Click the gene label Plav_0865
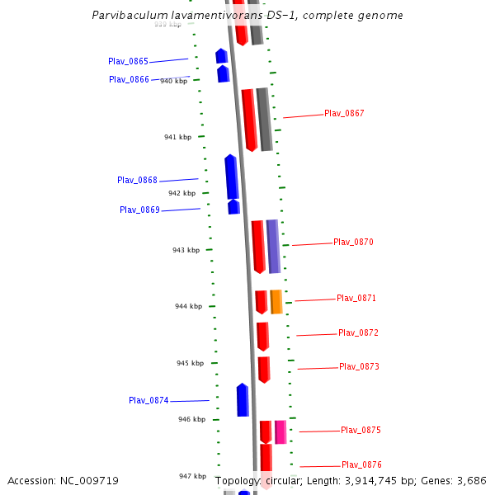(128, 62)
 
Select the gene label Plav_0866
(129, 80)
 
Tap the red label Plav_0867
(344, 114)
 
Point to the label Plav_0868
(137, 181)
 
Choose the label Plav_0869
(139, 210)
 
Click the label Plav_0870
(353, 243)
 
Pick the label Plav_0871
(356, 299)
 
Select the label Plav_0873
(359, 367)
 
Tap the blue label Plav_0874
(148, 401)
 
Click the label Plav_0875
(361, 431)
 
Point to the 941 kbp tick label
(177, 137)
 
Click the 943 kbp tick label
(186, 250)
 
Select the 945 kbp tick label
(190, 363)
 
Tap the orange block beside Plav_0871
(276, 302)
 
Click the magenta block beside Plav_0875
(280, 432)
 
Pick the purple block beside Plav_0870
(273, 246)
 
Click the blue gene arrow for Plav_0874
(243, 400)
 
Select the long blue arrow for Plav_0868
(232, 177)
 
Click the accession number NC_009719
(87, 480)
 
